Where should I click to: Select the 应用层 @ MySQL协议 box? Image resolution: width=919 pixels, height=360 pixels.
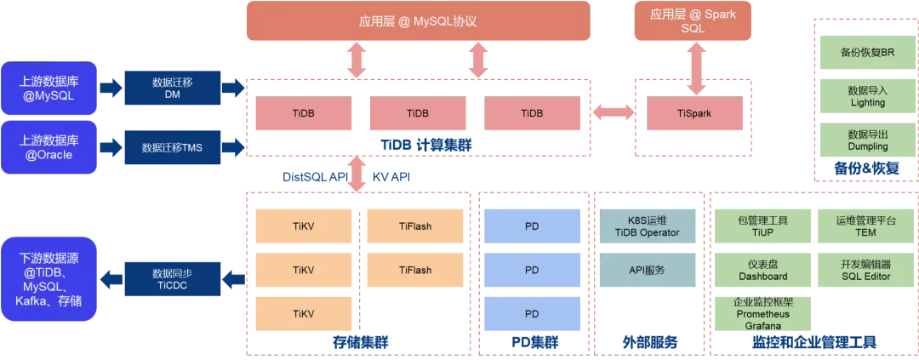[x=419, y=22]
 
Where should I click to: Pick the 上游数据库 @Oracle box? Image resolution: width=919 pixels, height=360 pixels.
[x=49, y=147]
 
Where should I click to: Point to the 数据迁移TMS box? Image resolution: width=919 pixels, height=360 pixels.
[x=173, y=147]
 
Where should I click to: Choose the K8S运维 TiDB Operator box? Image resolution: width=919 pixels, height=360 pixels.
[x=648, y=226]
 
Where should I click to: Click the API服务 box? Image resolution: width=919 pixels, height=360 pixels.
[x=648, y=271]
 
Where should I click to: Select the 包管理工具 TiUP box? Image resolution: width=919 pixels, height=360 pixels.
[x=763, y=226]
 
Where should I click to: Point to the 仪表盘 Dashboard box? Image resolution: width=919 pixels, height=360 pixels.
[x=763, y=271]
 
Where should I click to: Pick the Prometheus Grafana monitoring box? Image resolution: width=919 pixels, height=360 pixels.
[x=763, y=313]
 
